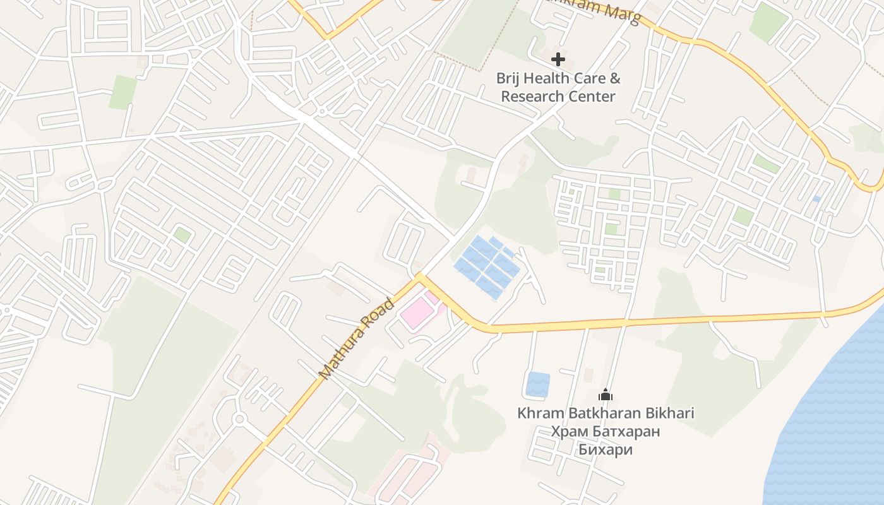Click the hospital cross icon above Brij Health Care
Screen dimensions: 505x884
tap(558, 60)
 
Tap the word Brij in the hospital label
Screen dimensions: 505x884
tap(508, 79)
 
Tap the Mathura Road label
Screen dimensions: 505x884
tap(356, 339)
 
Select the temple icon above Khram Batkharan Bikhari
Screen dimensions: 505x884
tap(606, 395)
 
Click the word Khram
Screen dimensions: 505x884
tap(537, 413)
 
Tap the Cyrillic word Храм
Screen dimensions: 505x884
tap(569, 432)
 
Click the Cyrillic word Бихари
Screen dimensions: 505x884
tap(606, 450)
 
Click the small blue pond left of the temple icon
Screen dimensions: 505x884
tap(537, 384)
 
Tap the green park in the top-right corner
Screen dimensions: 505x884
tap(768, 21)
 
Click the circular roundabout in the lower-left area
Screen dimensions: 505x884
tap(239, 419)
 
